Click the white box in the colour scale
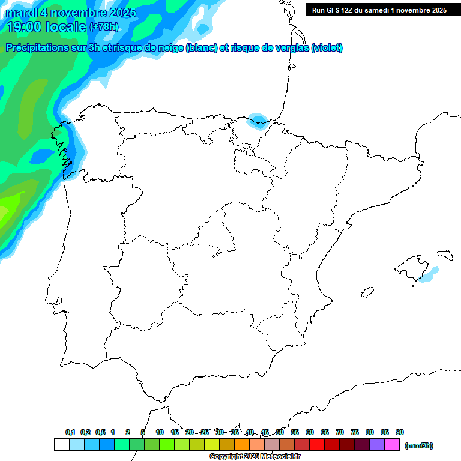pyautogui.click(x=61, y=444)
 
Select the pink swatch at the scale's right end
pyautogui.click(x=393, y=444)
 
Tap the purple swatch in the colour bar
pyautogui.click(x=377, y=444)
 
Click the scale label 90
pyautogui.click(x=400, y=432)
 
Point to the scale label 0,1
pyautogui.click(x=70, y=432)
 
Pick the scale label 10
pyautogui.click(x=160, y=432)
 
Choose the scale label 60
pyautogui.click(x=310, y=432)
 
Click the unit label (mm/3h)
pyautogui.click(x=419, y=445)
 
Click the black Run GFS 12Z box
pyautogui.click(x=379, y=10)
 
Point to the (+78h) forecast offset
pyautogui.click(x=103, y=27)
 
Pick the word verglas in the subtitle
pyautogui.click(x=292, y=48)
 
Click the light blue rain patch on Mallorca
pyautogui.click(x=428, y=274)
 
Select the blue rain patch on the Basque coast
pyautogui.click(x=259, y=121)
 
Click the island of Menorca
pyautogui.click(x=445, y=255)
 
